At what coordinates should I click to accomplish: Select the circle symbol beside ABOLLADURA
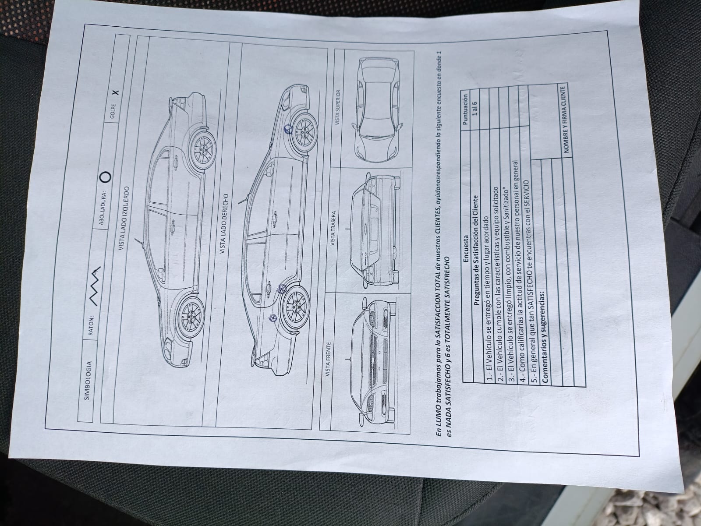coord(105,177)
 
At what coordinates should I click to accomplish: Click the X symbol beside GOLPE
coord(116,92)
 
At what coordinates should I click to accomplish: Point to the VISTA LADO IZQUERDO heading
coord(124,219)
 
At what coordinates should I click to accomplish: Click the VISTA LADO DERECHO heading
coord(224,224)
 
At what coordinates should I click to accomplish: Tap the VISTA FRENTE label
coord(328,359)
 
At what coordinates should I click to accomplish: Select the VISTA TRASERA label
coord(333,228)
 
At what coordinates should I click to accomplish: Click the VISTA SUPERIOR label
coord(338,108)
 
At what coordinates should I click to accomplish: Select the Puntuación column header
coord(465,109)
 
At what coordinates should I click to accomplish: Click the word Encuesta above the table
coord(466,249)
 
